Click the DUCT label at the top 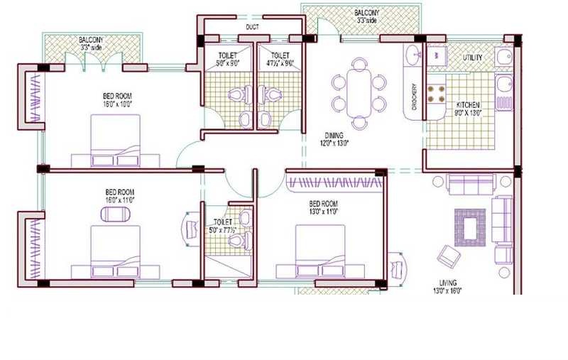point(251,28)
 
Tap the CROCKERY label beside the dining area point(414,100)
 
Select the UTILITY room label point(473,57)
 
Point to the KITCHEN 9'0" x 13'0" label point(468,108)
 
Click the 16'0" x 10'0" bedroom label point(116,99)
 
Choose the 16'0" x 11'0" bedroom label point(119,196)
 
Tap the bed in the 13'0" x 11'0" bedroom point(321,252)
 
